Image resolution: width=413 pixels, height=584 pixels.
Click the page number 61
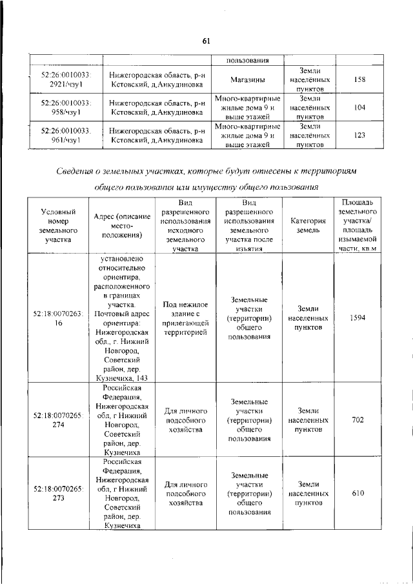point(206,41)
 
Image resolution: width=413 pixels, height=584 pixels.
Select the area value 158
point(360,79)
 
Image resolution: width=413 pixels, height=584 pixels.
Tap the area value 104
point(360,108)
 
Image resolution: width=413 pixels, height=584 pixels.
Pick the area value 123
point(360,136)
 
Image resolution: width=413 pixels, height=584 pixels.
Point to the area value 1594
point(360,318)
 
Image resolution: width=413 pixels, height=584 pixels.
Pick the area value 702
point(360,420)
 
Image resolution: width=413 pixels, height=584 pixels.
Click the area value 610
point(360,494)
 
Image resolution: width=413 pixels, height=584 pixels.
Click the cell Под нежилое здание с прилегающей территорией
point(185,318)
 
